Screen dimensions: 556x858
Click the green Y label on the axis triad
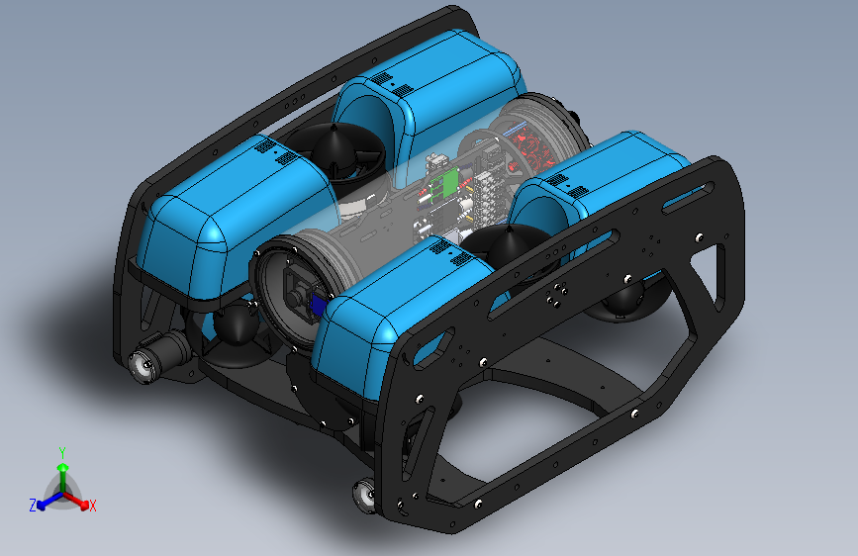62,452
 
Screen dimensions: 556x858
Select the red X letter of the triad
93,507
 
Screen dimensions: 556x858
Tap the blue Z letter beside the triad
33,505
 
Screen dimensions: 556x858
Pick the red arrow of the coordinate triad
80,501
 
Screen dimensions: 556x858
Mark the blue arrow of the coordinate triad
46,501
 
